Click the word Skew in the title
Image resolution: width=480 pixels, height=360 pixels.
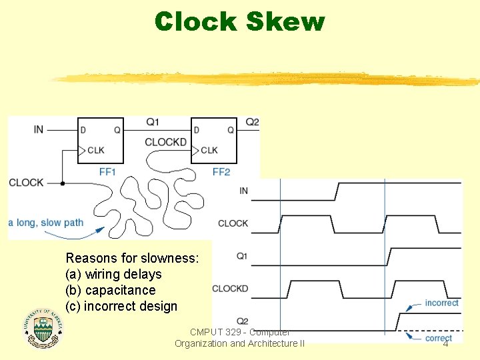pyautogui.click(x=285, y=21)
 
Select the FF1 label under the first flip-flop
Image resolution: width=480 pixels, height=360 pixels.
pyautogui.click(x=108, y=171)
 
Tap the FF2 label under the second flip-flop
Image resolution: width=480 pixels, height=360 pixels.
pyautogui.click(x=221, y=171)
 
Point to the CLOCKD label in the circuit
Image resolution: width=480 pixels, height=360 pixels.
pyautogui.click(x=165, y=142)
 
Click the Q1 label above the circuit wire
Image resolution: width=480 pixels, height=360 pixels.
pyautogui.click(x=153, y=122)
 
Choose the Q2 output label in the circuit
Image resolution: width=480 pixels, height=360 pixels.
pyautogui.click(x=252, y=122)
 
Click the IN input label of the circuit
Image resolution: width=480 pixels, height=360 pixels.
pyautogui.click(x=39, y=129)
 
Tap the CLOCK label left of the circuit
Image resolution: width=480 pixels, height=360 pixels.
pyautogui.click(x=26, y=183)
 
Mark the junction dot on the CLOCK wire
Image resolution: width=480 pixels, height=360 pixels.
pyautogui.click(x=62, y=183)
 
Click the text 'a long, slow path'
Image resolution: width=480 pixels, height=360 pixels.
pyautogui.click(x=46, y=222)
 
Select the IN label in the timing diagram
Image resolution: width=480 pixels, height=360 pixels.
pyautogui.click(x=243, y=191)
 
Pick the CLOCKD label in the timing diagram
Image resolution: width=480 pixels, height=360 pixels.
pyautogui.click(x=230, y=289)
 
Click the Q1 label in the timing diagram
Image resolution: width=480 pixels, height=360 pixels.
pyautogui.click(x=242, y=256)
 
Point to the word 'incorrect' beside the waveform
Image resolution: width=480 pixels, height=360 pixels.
pyautogui.click(x=441, y=303)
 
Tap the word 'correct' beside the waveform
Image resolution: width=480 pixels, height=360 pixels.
pyautogui.click(x=439, y=338)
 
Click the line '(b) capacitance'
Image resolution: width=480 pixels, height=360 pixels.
pyautogui.click(x=111, y=290)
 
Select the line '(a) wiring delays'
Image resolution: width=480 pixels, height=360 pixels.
pyautogui.click(x=113, y=274)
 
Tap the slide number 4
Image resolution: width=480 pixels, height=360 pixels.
pyautogui.click(x=445, y=343)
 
